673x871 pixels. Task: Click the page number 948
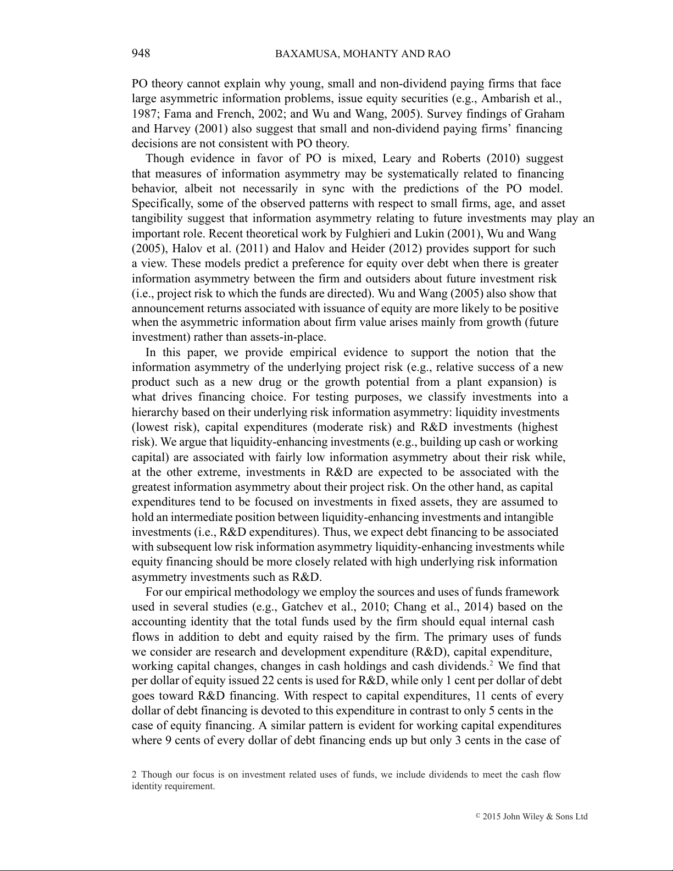[141, 53]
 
